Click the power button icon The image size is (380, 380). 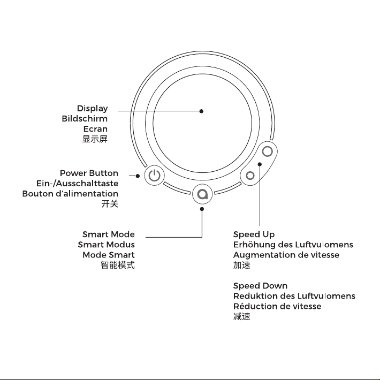click(x=154, y=175)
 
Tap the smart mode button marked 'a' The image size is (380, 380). click(x=202, y=194)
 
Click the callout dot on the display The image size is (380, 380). click(x=201, y=111)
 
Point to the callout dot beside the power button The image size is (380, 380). click(x=138, y=176)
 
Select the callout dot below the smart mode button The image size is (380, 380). click(x=202, y=209)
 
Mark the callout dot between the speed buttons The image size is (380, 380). click(x=260, y=164)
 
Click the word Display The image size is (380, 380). click(x=93, y=109)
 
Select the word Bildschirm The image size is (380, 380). click(x=85, y=119)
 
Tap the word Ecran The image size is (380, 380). click(x=95, y=129)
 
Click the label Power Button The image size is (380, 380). click(x=89, y=173)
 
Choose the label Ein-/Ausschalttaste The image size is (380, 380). click(x=77, y=184)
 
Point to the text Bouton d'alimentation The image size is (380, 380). click(x=70, y=194)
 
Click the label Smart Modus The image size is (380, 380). click(x=106, y=245)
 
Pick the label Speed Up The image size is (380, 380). click(x=254, y=234)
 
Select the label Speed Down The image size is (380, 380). click(x=260, y=286)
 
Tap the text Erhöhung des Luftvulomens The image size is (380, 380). click(x=293, y=245)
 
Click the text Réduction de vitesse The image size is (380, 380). click(x=277, y=306)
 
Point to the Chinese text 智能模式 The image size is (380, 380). click(x=118, y=265)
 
